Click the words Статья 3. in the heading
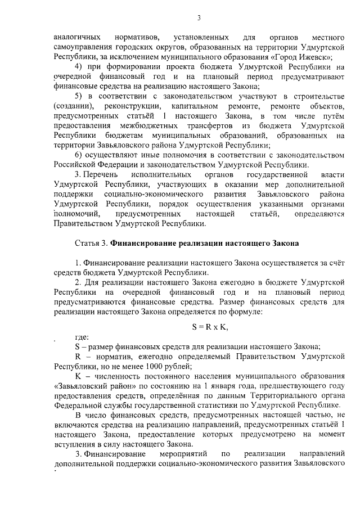(x=91, y=244)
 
